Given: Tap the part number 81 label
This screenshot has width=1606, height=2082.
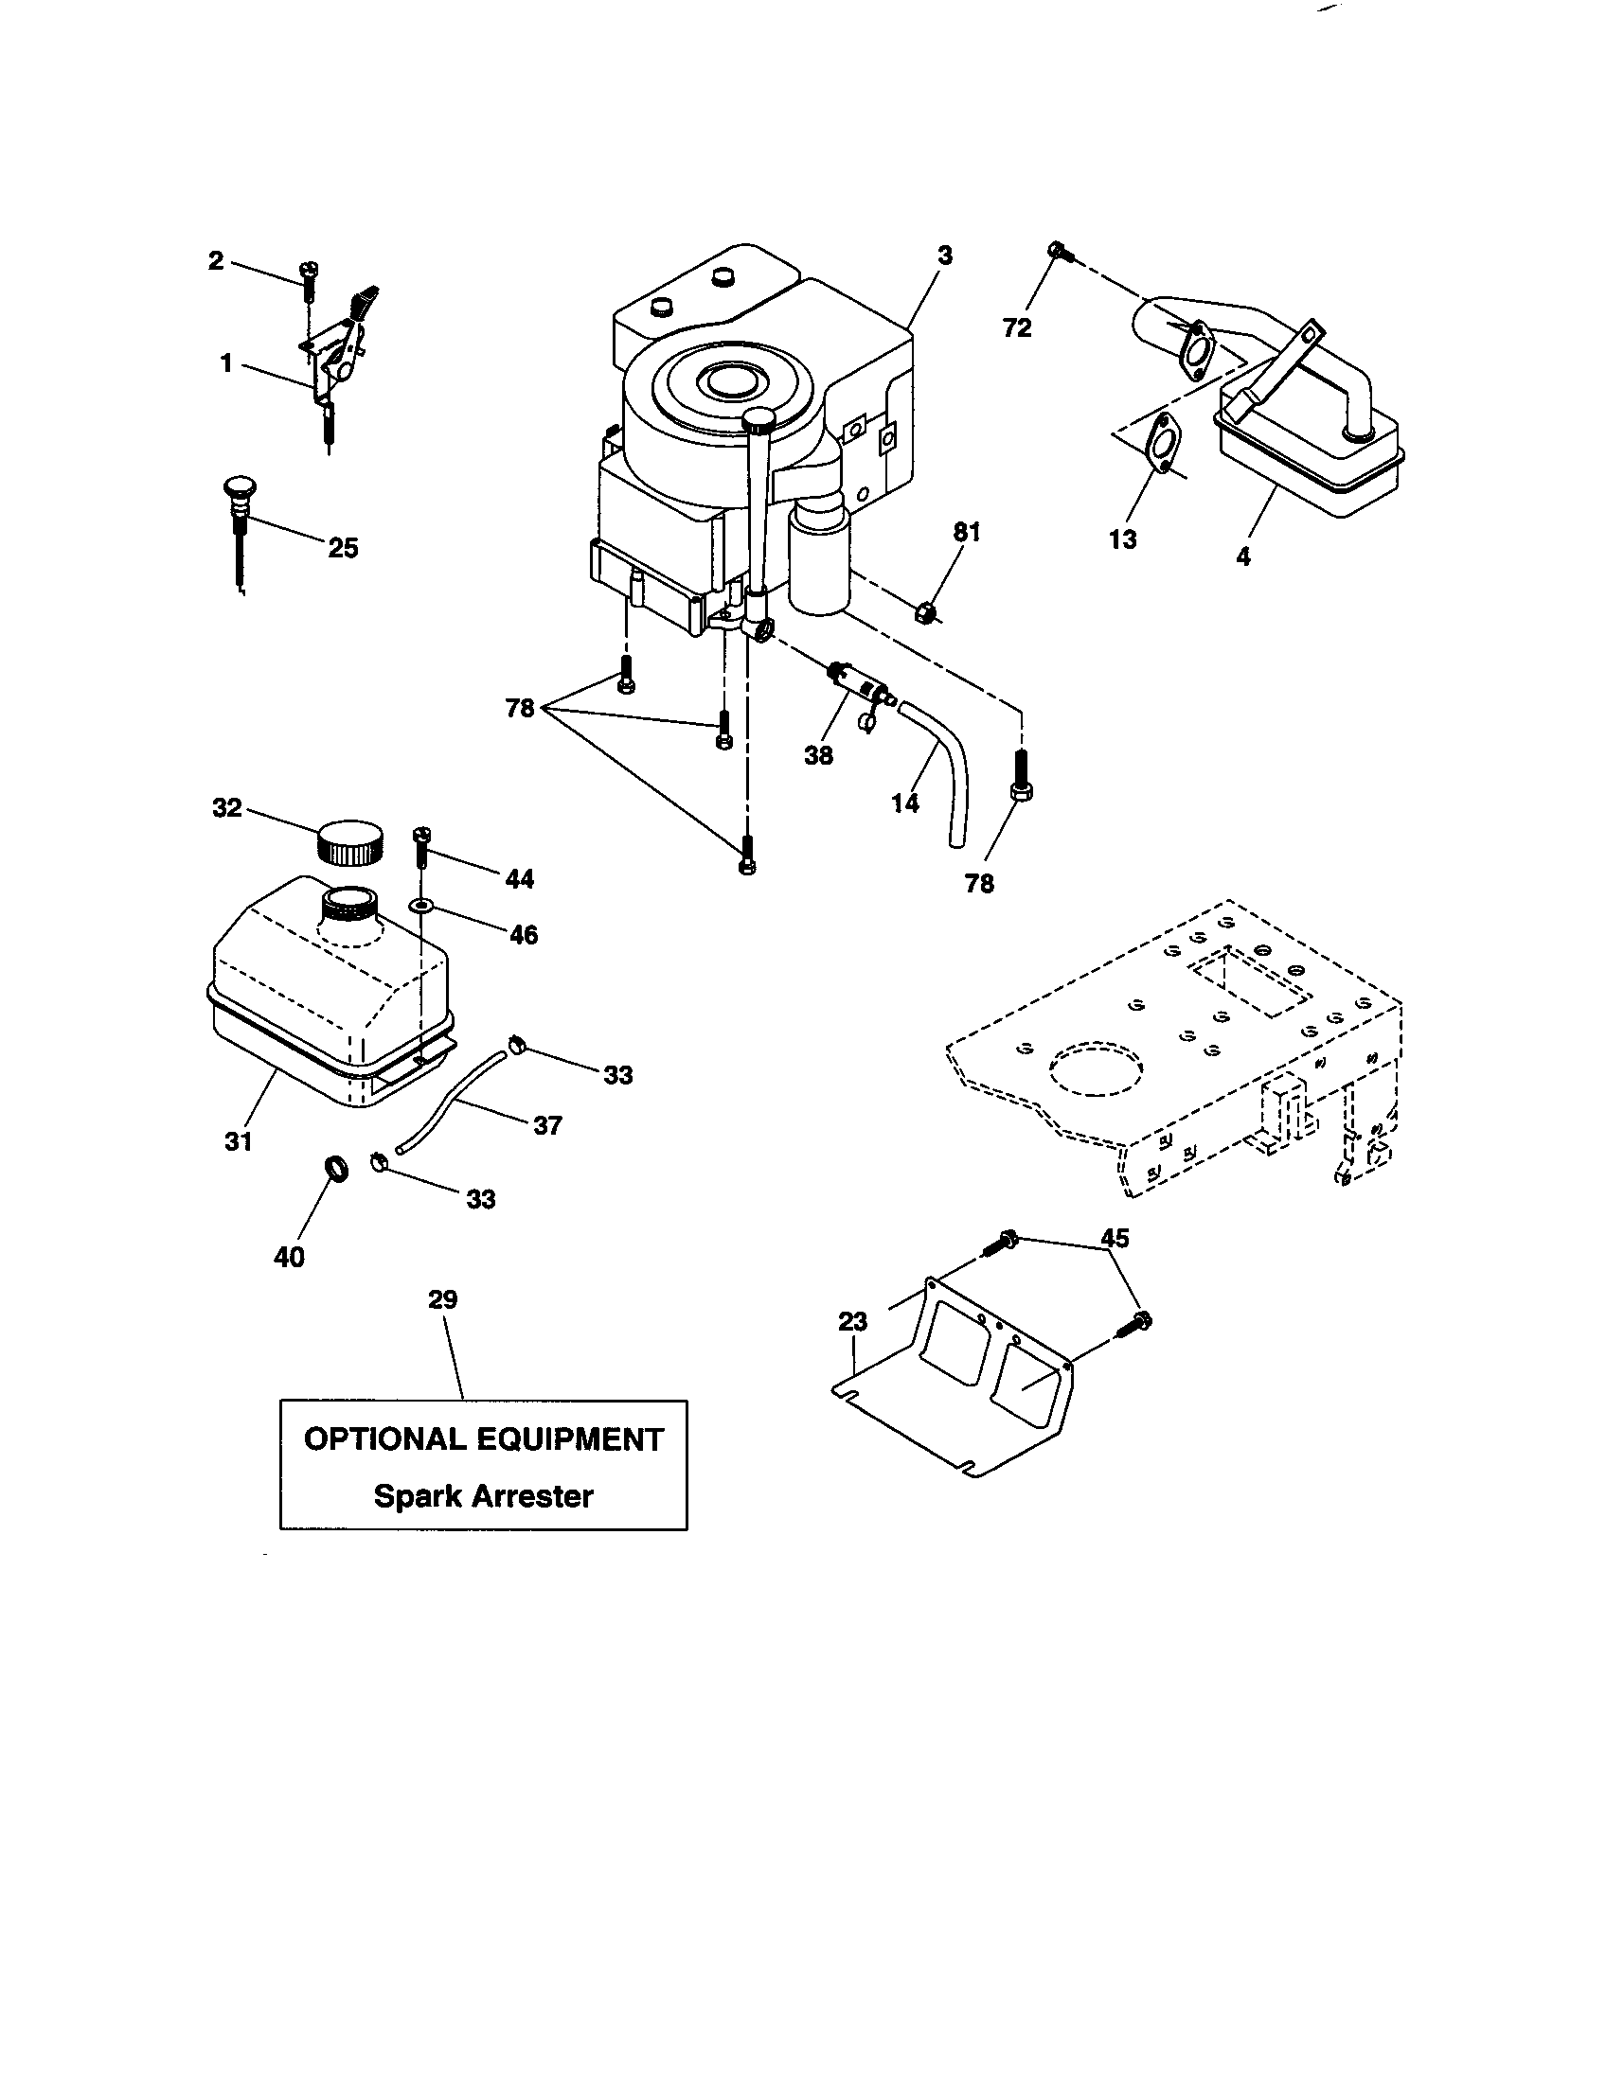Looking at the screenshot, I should (x=967, y=533).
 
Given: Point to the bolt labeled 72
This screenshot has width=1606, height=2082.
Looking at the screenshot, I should (x=1060, y=252).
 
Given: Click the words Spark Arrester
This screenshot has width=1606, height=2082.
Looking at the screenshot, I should (x=483, y=1495).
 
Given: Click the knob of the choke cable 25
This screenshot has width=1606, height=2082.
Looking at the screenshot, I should (x=236, y=489).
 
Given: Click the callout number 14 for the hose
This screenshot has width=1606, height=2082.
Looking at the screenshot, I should (x=905, y=803).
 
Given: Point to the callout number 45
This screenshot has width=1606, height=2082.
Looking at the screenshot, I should (x=1115, y=1238).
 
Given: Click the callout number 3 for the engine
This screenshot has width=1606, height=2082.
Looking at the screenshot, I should (x=944, y=256).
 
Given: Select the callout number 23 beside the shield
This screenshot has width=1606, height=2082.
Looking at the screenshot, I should (x=852, y=1321).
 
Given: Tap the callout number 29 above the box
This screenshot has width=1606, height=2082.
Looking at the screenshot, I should (x=442, y=1299).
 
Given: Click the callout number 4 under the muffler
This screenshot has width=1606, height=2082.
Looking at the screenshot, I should (x=1242, y=556).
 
